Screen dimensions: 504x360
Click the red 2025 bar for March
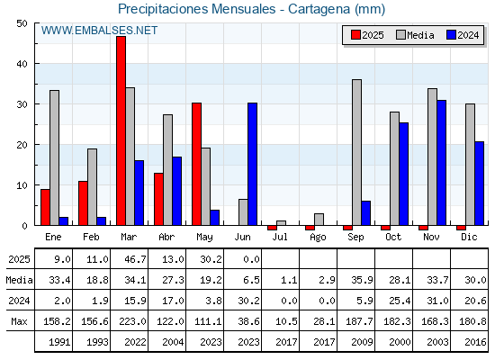pos(121,130)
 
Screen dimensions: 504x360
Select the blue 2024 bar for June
pos(252,164)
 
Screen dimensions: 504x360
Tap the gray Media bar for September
pos(356,152)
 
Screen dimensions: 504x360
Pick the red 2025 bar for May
pos(197,164)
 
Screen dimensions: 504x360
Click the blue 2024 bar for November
pos(441,163)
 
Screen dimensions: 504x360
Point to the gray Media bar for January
pos(54,157)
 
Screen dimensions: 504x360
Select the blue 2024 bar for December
pos(479,184)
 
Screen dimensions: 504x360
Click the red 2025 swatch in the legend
pos(355,35)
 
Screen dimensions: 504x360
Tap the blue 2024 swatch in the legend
pos(451,35)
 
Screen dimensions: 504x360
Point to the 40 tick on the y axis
pos(22,64)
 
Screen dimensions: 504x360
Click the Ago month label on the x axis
pos(318,238)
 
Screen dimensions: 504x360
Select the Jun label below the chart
pos(242,238)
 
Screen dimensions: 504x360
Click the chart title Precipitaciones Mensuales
pos(197,9)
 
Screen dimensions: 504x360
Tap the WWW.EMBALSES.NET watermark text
pos(99,31)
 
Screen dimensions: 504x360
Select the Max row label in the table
pos(19,321)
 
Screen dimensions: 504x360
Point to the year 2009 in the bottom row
pos(362,342)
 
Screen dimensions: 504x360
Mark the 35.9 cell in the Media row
pos(362,280)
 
